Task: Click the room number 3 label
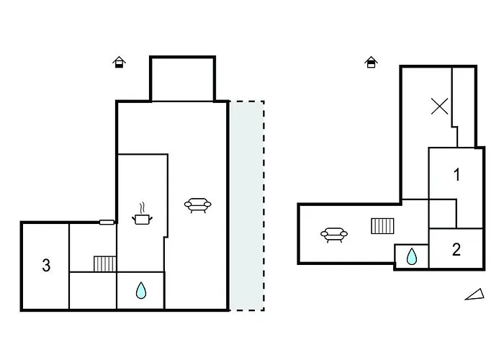(46, 266)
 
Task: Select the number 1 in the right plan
(456, 174)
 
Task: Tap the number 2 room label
(456, 250)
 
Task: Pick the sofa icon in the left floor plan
(198, 206)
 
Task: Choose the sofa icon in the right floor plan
(334, 234)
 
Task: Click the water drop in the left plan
(141, 291)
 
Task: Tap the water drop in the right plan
(412, 256)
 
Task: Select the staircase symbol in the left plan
(105, 264)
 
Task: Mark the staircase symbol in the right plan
(382, 226)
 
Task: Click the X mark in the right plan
(439, 107)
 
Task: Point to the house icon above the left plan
(120, 63)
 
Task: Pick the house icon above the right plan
(371, 63)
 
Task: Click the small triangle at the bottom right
(474, 294)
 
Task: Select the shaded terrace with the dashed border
(246, 205)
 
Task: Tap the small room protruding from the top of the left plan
(182, 78)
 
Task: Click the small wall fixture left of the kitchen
(107, 222)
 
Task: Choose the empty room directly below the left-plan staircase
(93, 291)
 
